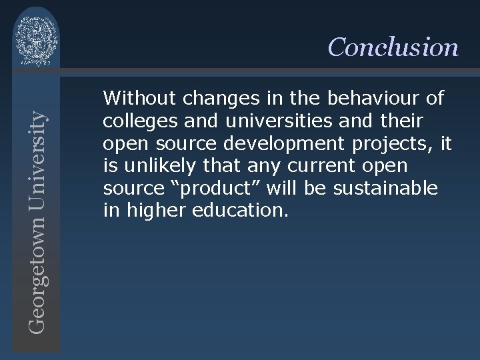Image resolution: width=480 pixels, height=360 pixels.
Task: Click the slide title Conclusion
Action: (393, 47)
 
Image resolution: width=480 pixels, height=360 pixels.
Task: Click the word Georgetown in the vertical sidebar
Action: (39, 266)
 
